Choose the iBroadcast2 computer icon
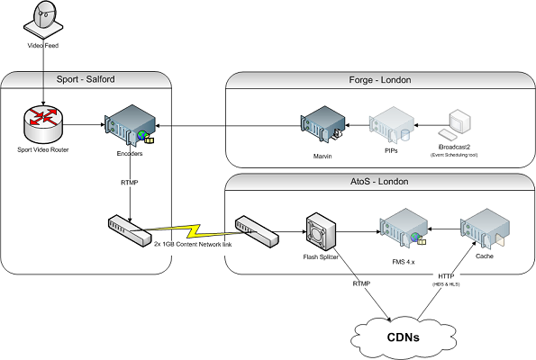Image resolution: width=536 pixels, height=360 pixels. (x=459, y=122)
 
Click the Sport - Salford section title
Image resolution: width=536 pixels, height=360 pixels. (x=86, y=80)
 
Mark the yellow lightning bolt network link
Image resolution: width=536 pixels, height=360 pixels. (x=189, y=230)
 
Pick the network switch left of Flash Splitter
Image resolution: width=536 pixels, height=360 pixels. (x=256, y=230)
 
